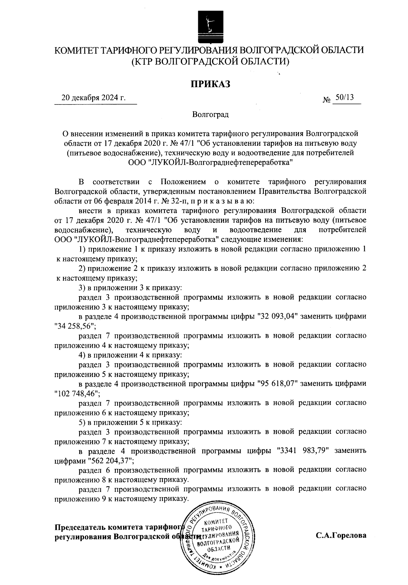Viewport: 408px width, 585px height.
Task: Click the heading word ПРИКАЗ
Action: [x=210, y=84]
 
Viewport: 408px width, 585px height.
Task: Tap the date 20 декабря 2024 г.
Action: [x=93, y=98]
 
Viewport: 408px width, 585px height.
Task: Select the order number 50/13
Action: [x=344, y=97]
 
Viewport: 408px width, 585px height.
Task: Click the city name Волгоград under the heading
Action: [x=210, y=114]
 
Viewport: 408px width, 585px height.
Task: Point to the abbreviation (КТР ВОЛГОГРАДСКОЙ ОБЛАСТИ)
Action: [x=210, y=62]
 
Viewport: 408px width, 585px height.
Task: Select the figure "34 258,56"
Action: [x=75, y=326]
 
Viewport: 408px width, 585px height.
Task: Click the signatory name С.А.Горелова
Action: [x=341, y=536]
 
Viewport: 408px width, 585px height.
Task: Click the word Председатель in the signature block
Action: [x=80, y=527]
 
